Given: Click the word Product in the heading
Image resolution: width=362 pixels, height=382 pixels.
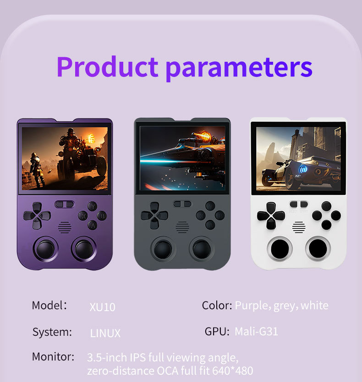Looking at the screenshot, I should coord(107,67).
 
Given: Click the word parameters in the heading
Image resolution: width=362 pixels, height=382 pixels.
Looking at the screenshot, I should coord(239,67).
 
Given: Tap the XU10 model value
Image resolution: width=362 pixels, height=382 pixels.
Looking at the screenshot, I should coord(102,307).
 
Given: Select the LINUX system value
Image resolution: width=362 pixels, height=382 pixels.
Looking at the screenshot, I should coord(105,333).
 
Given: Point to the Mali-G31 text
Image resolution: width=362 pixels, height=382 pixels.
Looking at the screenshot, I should coord(256,331).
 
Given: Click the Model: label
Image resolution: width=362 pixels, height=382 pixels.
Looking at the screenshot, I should coord(49,305).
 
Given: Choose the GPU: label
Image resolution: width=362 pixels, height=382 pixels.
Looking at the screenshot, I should coord(217,331).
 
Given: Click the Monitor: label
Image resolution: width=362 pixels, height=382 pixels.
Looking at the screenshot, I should coord(53,356).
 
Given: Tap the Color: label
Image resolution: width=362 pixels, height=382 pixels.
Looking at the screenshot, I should coord(217,305).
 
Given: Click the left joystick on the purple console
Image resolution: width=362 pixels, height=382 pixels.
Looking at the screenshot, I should coord(45,249).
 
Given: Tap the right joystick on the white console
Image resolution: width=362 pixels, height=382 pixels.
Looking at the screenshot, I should coord(318,248).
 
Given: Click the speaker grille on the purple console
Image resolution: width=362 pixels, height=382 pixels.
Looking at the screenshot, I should coord(65,227).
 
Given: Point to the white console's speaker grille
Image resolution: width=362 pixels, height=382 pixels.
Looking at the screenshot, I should coord(299,226).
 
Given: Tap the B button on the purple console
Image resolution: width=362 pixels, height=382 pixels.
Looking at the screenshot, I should coord(103,215).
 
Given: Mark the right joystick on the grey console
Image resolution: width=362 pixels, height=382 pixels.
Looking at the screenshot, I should coord(202,249).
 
